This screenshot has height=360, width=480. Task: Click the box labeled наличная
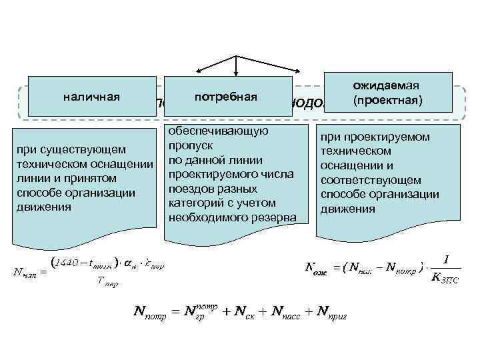point(91,97)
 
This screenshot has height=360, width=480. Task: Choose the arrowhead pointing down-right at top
point(303,73)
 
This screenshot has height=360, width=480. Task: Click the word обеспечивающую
point(218,131)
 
